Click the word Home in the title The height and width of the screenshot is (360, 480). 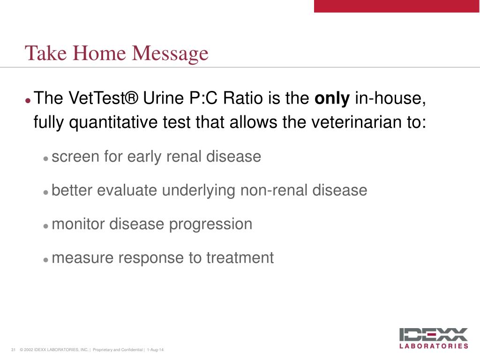99,53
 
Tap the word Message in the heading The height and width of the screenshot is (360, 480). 170,54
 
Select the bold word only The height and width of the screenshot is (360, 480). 332,98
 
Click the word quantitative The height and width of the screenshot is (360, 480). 113,122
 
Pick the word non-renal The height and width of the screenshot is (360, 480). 274,190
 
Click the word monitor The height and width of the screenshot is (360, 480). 78,224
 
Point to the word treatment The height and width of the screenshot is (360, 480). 240,258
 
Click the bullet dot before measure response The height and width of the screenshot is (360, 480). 46,260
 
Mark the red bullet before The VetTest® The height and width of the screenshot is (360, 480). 28,100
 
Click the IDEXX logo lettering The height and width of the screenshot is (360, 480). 434,335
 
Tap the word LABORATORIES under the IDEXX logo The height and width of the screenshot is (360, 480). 434,346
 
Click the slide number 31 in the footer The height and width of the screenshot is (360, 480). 13,350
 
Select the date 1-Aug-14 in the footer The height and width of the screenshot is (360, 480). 155,350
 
